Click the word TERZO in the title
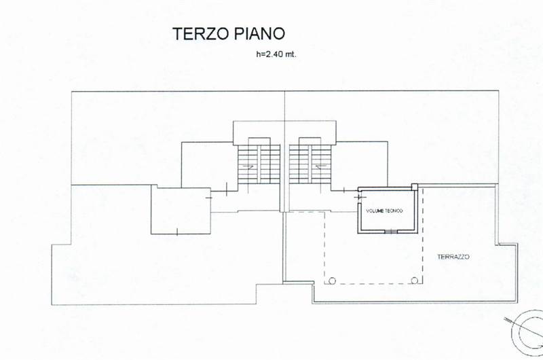pyautogui.click(x=201, y=33)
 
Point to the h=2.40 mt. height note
pyautogui.click(x=276, y=54)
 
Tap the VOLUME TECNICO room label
pyautogui.click(x=384, y=211)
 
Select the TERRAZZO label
pyautogui.click(x=453, y=257)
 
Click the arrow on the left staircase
pyautogui.click(x=248, y=166)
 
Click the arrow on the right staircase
pyautogui.click(x=321, y=166)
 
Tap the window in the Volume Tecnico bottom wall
pyautogui.click(x=391, y=232)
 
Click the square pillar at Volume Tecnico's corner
pyautogui.click(x=415, y=187)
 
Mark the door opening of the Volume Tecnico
pyautogui.click(x=360, y=197)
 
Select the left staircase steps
pyautogui.click(x=259, y=164)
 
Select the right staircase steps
pyautogui.click(x=310, y=164)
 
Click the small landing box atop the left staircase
pyautogui.click(x=259, y=141)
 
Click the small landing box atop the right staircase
pyautogui.click(x=310, y=141)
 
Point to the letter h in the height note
pyautogui.click(x=258, y=54)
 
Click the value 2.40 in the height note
pyautogui.click(x=274, y=54)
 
